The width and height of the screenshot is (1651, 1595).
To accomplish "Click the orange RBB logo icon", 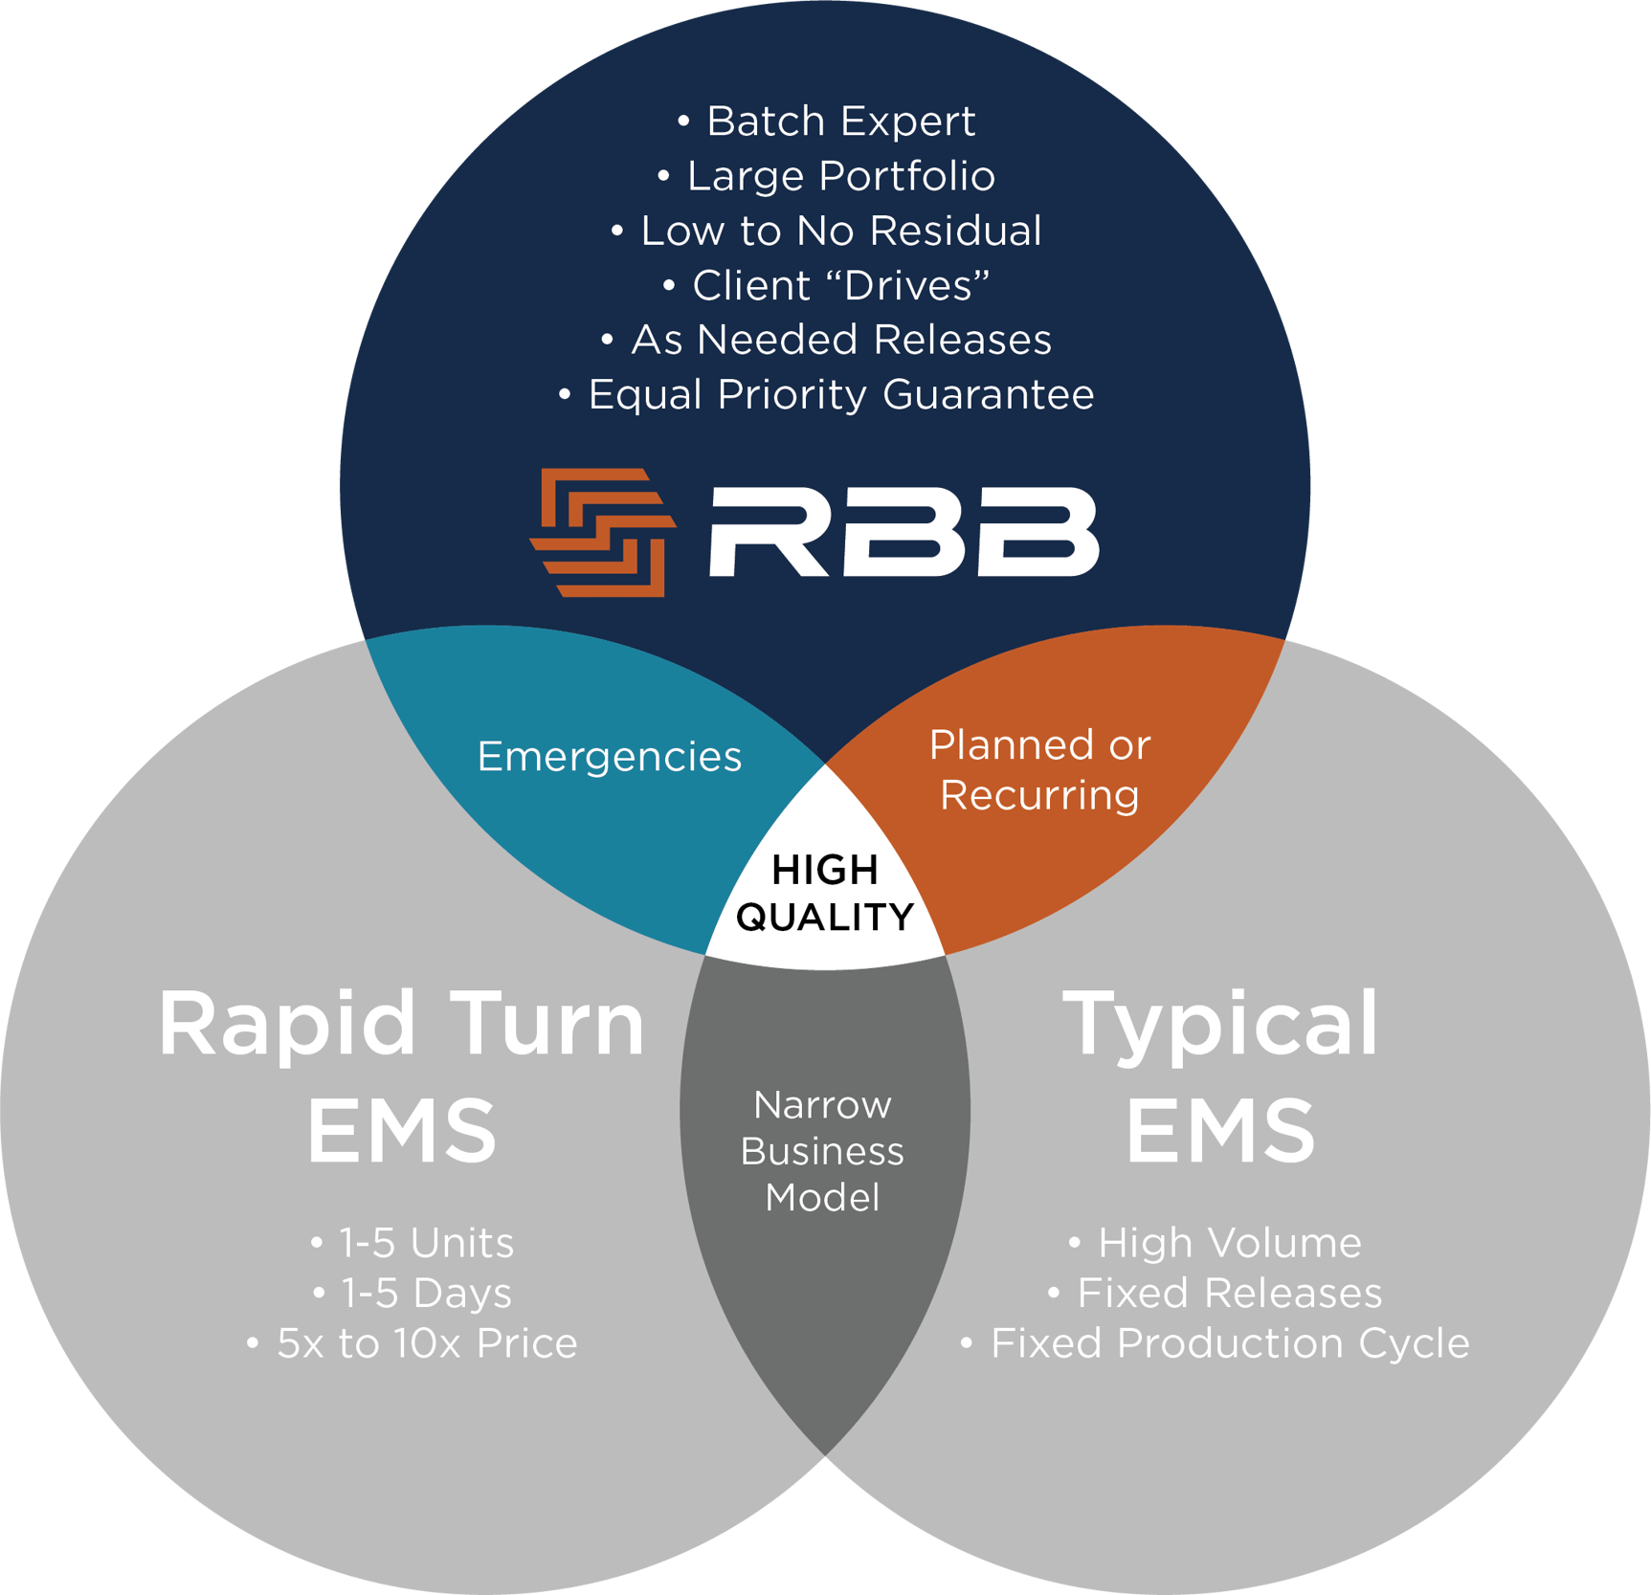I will [x=603, y=532].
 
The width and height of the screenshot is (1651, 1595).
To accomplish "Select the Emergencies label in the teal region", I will [x=610, y=756].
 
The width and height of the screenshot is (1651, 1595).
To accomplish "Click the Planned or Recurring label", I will [x=1039, y=770].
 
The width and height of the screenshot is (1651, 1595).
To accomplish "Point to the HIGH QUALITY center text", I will [x=825, y=894].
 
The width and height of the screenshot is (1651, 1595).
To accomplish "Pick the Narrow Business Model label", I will [x=823, y=1151].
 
